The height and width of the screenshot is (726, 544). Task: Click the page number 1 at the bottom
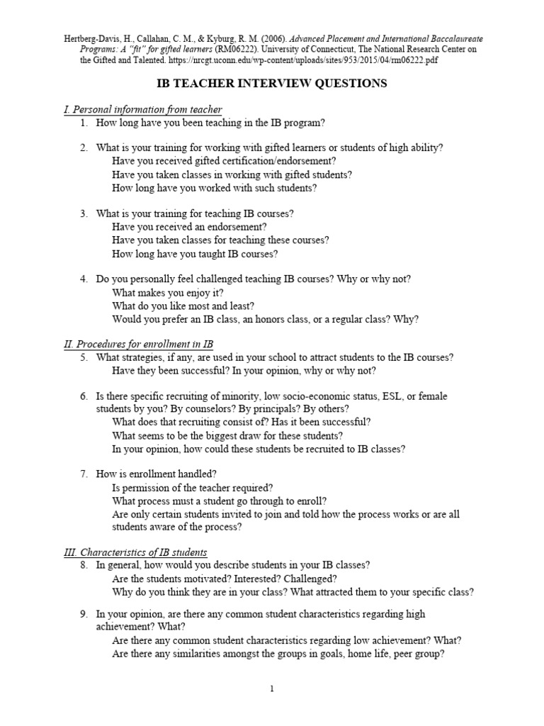272,688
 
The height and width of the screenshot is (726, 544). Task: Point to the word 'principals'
273,409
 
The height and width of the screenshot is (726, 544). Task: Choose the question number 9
83,614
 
